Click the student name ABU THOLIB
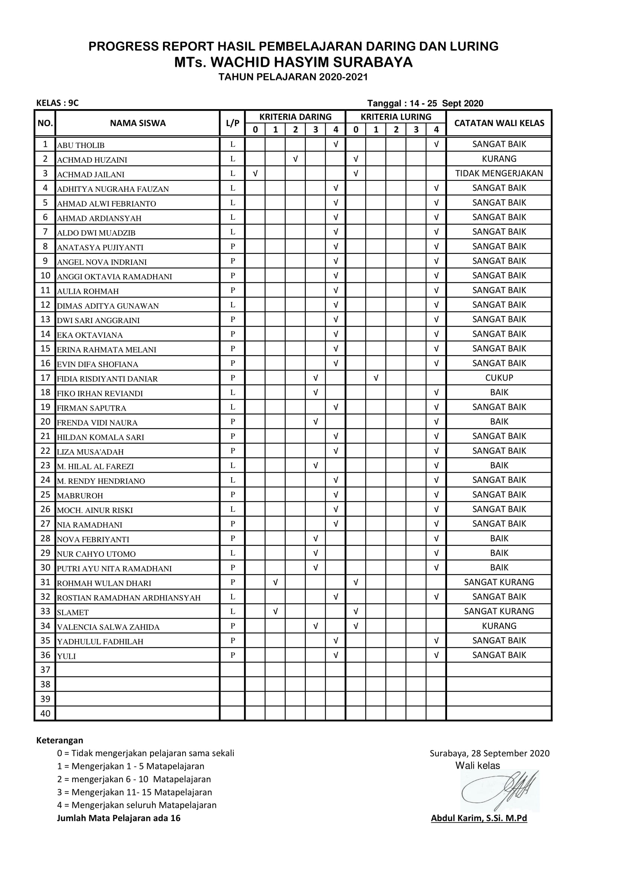point(81,145)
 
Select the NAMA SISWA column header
point(138,123)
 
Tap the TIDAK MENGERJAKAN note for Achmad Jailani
point(499,173)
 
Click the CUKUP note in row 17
point(499,378)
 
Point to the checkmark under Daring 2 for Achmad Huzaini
point(295,159)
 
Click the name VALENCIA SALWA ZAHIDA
point(108,627)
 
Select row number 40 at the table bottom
point(45,713)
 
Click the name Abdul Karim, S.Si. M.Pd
point(479,818)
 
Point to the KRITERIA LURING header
point(396,117)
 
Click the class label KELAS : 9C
point(57,103)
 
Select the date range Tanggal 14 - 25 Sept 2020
point(425,103)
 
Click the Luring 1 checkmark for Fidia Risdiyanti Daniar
point(376,378)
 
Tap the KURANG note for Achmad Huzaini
point(499,159)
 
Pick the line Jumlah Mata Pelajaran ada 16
point(118,818)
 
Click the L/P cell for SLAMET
point(232,612)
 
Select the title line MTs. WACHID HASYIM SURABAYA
point(293,62)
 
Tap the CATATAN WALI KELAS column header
point(499,123)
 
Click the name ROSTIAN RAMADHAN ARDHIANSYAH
point(129,598)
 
